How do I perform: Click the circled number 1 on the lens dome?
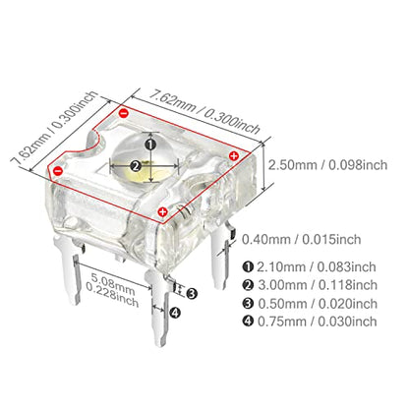click(150, 145)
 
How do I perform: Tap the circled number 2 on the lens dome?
click(136, 166)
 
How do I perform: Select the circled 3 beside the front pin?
click(192, 293)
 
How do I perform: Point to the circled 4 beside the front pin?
click(175, 313)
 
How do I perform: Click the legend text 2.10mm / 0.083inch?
click(316, 266)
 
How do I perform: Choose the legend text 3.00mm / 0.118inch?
click(318, 285)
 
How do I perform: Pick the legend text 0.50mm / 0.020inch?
click(318, 304)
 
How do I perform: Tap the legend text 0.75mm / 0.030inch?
click(317, 321)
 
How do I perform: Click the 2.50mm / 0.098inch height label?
click(327, 164)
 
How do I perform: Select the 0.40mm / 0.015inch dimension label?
click(302, 239)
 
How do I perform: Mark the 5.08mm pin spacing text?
click(113, 284)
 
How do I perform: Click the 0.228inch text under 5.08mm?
click(112, 295)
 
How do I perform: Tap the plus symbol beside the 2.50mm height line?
click(234, 155)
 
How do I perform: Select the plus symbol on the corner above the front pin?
click(162, 212)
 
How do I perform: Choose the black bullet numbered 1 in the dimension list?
click(248, 266)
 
